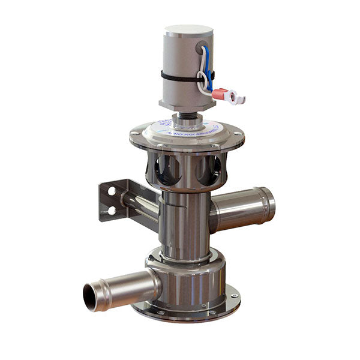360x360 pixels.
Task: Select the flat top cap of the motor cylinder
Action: click(188, 30)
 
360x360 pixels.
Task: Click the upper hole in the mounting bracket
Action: click(112, 191)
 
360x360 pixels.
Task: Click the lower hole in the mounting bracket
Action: click(112, 210)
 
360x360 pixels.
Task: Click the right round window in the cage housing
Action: click(209, 170)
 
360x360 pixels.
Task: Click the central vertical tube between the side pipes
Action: click(185, 222)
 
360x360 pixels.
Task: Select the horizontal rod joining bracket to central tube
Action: click(141, 202)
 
